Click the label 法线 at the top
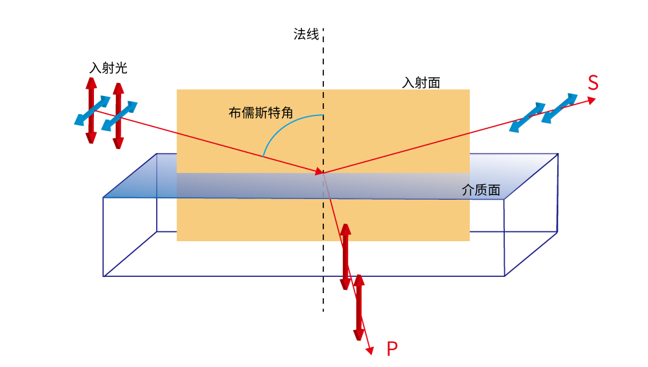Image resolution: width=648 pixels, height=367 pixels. point(307,34)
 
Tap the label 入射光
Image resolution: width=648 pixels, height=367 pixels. point(108,68)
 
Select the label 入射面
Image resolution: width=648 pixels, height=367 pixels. point(421,83)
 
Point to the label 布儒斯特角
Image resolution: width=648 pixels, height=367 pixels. point(260,113)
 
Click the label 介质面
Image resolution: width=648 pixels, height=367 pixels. point(481,190)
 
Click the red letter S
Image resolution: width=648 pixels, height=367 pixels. point(593,83)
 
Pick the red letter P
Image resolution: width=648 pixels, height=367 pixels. point(392,348)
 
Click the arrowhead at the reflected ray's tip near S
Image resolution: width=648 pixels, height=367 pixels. point(592,100)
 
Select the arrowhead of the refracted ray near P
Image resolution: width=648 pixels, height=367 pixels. point(370,351)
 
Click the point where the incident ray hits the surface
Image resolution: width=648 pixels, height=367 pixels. point(323,172)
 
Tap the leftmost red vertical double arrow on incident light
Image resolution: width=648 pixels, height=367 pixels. point(91,110)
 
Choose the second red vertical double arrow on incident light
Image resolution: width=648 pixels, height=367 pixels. point(119,116)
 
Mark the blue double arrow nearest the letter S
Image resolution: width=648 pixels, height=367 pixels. point(560,108)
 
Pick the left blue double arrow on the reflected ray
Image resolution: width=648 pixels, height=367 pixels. point(527,117)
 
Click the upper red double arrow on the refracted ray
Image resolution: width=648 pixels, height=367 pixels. point(345,257)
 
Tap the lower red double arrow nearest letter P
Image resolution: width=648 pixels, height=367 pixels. point(359,307)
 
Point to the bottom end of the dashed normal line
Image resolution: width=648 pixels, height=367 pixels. point(323,311)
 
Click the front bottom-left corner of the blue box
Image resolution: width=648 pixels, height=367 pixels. point(103,276)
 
